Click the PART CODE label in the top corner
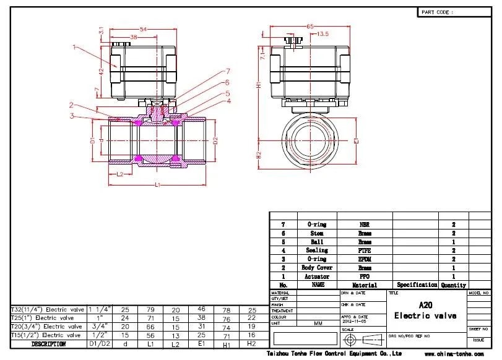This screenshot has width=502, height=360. tap(438, 12)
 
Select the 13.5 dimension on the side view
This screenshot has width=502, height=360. tap(322, 35)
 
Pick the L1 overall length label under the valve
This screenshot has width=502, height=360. tap(158, 185)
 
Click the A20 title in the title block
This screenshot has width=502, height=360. tap(426, 305)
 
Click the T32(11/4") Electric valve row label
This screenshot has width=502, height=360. tap(48, 309)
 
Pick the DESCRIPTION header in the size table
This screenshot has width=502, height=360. tap(48, 343)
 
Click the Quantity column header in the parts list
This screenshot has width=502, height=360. tap(453, 285)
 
